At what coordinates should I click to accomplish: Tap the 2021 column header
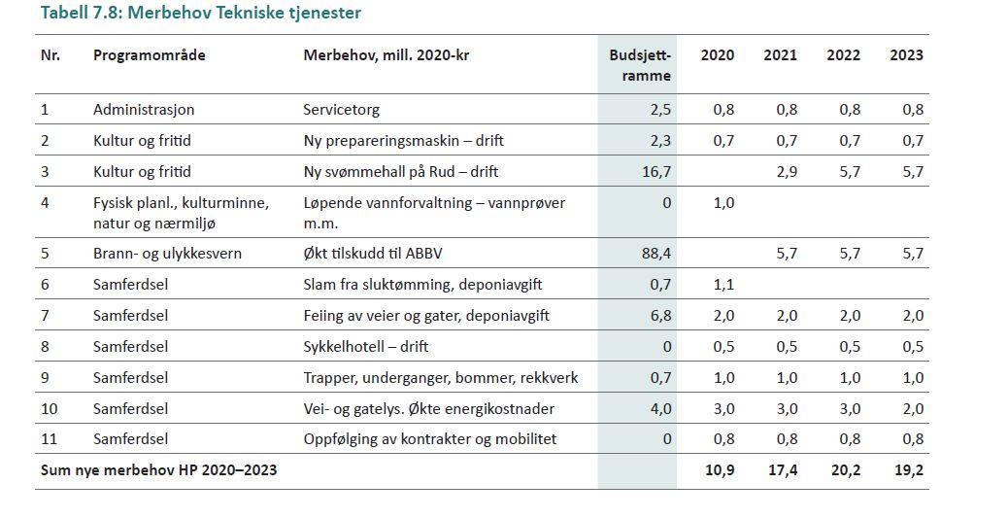(780, 55)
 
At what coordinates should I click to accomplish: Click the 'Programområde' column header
(149, 55)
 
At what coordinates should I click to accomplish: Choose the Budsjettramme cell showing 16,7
(656, 172)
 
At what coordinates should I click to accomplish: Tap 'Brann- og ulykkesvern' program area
(167, 254)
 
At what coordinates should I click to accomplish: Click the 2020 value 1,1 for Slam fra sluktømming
(723, 285)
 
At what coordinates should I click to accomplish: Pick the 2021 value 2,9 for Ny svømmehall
(787, 172)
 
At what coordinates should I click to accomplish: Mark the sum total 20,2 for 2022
(843, 470)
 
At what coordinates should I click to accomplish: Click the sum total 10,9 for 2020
(718, 470)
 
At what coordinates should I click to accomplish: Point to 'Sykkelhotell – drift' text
(366, 347)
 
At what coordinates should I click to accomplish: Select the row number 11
(49, 439)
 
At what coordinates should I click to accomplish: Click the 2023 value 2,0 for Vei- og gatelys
(912, 408)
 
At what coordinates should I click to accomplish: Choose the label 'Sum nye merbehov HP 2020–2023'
(158, 470)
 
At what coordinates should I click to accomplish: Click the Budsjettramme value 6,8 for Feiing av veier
(660, 316)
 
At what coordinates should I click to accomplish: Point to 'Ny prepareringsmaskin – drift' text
(403, 141)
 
